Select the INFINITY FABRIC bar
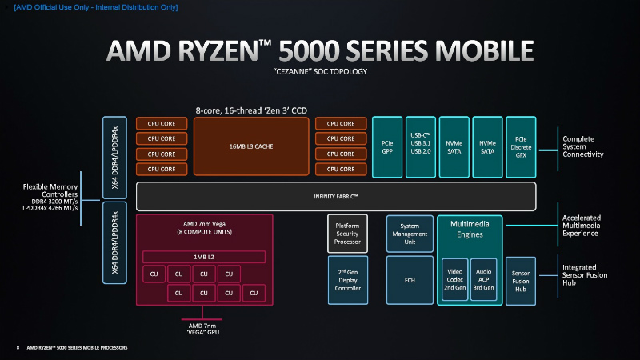click(336, 196)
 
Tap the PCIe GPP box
click(387, 147)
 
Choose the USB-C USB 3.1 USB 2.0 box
click(421, 147)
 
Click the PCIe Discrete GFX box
click(521, 147)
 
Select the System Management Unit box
click(409, 231)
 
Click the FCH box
click(409, 280)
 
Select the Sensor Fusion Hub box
click(521, 280)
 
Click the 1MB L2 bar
click(203, 256)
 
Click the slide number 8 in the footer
click(18, 348)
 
